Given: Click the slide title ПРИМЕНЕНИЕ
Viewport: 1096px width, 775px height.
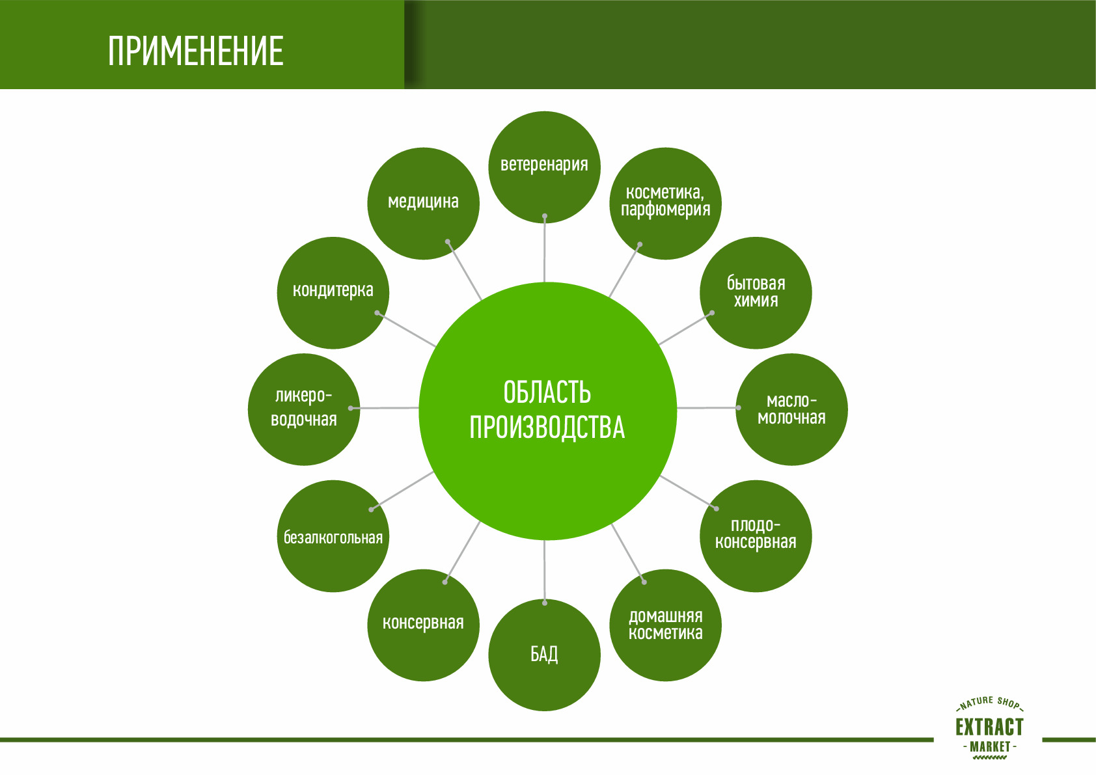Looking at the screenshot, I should pyautogui.click(x=195, y=51).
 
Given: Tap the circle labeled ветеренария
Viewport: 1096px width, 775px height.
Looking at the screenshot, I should pyautogui.click(x=544, y=167).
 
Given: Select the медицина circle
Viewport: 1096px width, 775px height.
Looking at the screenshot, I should pyautogui.click(x=423, y=203).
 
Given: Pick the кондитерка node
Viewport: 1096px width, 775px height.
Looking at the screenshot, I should pyautogui.click(x=333, y=292).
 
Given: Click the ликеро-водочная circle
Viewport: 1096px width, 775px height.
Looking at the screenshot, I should pyautogui.click(x=303, y=409).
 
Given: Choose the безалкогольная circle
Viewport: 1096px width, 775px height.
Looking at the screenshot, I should pyautogui.click(x=333, y=537).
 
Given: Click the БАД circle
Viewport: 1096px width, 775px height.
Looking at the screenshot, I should pyautogui.click(x=544, y=655).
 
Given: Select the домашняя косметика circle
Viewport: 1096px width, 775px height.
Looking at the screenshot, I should pyautogui.click(x=665, y=625).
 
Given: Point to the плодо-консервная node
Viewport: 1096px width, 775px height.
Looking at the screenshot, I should pyautogui.click(x=756, y=536).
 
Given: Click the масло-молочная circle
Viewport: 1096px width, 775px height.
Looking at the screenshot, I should pyautogui.click(x=791, y=409).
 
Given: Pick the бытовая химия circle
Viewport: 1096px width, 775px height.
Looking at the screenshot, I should pyautogui.click(x=756, y=292).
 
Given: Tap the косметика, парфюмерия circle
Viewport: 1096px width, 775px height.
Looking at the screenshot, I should pyautogui.click(x=665, y=202).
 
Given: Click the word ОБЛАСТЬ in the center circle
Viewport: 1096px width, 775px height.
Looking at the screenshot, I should pyautogui.click(x=547, y=392).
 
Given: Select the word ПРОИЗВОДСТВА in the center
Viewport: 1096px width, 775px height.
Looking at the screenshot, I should pyautogui.click(x=547, y=428).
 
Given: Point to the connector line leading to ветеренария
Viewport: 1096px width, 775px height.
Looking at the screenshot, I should pyautogui.click(x=545, y=254).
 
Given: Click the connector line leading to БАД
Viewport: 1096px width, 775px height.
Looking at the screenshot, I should pyautogui.click(x=545, y=569).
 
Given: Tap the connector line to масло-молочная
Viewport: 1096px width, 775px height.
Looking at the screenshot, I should pyautogui.click(x=706, y=408).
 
